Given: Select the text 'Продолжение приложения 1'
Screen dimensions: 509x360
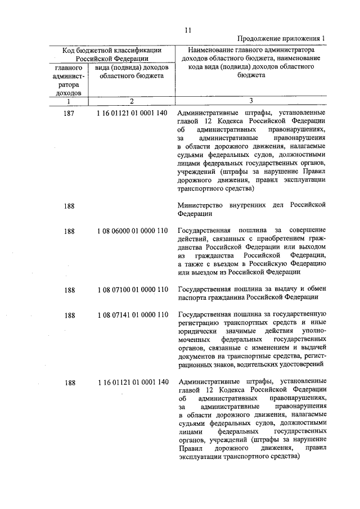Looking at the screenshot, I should point(282,38).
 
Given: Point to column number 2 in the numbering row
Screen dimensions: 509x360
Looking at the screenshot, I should point(130,101).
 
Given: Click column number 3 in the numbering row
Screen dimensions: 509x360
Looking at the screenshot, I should point(251,101).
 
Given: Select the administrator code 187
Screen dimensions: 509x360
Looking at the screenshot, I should point(70,113).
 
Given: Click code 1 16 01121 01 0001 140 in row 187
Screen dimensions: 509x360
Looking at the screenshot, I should point(132,113).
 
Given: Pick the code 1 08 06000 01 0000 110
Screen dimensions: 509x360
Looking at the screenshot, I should point(132,231).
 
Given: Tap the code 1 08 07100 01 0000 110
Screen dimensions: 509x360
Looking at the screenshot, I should point(132,290).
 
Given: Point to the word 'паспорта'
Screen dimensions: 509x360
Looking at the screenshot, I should point(192,298).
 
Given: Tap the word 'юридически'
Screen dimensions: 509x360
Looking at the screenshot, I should point(196,333).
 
